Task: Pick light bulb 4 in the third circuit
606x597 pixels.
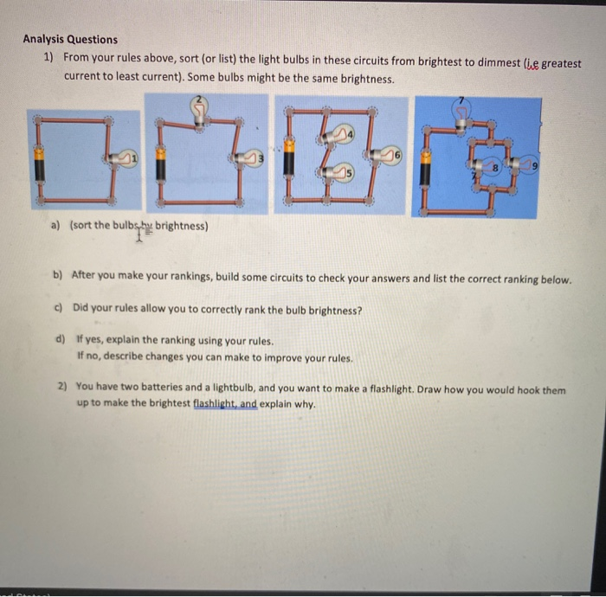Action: [338, 133]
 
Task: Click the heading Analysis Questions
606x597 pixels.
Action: [70, 39]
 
